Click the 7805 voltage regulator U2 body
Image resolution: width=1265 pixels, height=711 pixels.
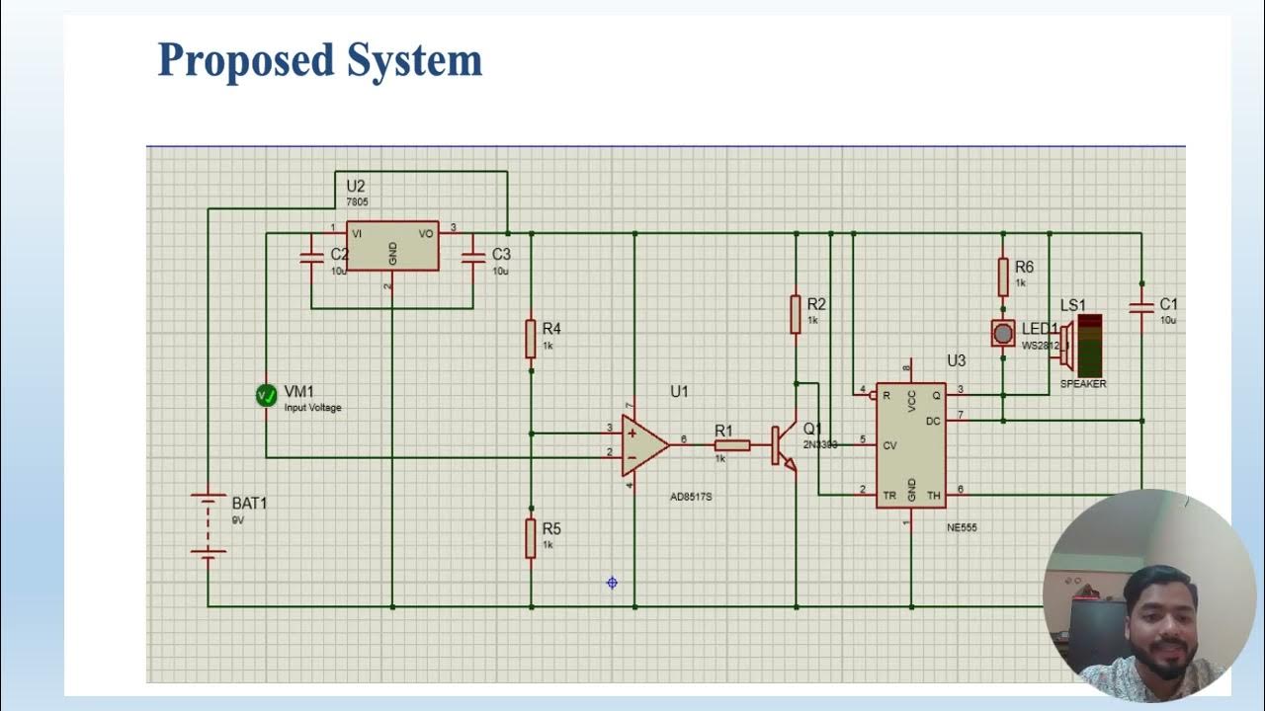pos(392,245)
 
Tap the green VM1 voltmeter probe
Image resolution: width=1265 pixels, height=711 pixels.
pos(266,396)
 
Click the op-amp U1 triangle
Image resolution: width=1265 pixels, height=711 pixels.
pos(643,445)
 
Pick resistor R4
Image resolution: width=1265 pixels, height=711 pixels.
pos(531,338)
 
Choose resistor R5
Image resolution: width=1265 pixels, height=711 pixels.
pos(531,537)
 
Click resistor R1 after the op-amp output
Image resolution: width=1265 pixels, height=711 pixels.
pos(731,445)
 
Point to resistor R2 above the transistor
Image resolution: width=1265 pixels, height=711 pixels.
pos(795,313)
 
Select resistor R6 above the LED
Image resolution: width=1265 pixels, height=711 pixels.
pos(1003,276)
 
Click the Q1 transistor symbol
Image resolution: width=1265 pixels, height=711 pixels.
pos(784,445)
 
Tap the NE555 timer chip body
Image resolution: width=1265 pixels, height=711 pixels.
pos(910,445)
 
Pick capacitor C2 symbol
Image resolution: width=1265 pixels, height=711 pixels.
pos(311,257)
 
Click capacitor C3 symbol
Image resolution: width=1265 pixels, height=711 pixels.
pos(473,257)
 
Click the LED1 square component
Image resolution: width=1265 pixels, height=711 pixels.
pos(1003,333)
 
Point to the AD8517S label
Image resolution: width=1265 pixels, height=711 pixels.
pos(691,497)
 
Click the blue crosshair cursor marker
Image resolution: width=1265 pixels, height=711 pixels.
pos(612,583)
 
